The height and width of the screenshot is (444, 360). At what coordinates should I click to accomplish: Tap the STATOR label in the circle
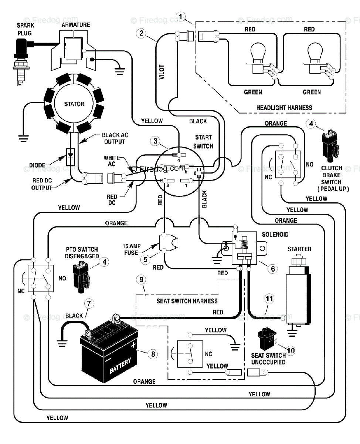tap(74, 104)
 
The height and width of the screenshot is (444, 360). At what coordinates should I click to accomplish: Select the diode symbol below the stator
tap(70, 157)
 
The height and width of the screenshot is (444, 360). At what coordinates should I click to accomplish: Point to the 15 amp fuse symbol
tap(168, 242)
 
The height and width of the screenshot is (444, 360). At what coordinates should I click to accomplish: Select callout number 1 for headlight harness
tap(180, 17)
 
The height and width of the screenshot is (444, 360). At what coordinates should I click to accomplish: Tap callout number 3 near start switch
tap(155, 141)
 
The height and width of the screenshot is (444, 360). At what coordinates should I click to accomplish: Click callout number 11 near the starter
tap(269, 299)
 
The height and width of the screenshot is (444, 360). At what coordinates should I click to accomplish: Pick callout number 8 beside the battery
tap(153, 354)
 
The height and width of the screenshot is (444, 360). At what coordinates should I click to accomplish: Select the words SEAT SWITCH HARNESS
tap(187, 301)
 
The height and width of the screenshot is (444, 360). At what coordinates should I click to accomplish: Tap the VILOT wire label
tap(162, 72)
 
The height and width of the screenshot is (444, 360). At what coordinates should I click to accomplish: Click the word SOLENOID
tap(275, 235)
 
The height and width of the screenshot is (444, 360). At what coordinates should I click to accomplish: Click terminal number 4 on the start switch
tap(179, 155)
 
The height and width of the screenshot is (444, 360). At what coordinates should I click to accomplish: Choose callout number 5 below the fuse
tap(145, 259)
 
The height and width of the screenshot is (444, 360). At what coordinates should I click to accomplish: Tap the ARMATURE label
tap(76, 25)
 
